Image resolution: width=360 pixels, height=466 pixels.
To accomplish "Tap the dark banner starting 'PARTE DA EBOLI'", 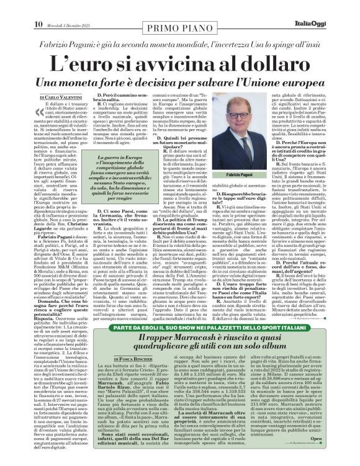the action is point(179,324).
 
